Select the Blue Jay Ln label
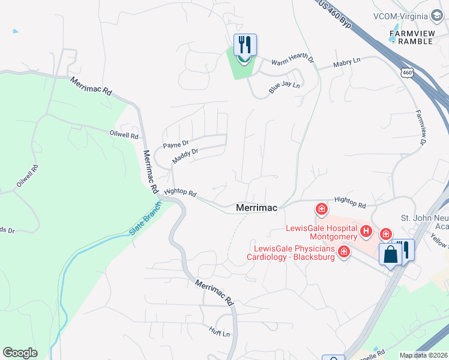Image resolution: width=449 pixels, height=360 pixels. pyautogui.click(x=284, y=88)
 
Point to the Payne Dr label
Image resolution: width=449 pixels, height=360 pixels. pyautogui.click(x=176, y=145)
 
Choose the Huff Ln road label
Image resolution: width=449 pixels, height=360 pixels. pyautogui.click(x=220, y=331)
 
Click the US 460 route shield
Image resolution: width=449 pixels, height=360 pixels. pyautogui.click(x=407, y=73)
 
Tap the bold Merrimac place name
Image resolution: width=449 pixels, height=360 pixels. pyautogui.click(x=256, y=208)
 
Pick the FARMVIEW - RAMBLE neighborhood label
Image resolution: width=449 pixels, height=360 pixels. pyautogui.click(x=416, y=37)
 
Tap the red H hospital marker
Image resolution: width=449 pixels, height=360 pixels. pyautogui.click(x=366, y=230)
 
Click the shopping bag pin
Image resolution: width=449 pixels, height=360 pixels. pyautogui.click(x=390, y=254)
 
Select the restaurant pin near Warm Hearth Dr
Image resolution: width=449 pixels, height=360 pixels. pyautogui.click(x=244, y=45)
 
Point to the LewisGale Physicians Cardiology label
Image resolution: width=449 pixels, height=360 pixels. pyautogui.click(x=293, y=253)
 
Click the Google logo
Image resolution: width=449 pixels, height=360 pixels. pyautogui.click(x=20, y=353)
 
